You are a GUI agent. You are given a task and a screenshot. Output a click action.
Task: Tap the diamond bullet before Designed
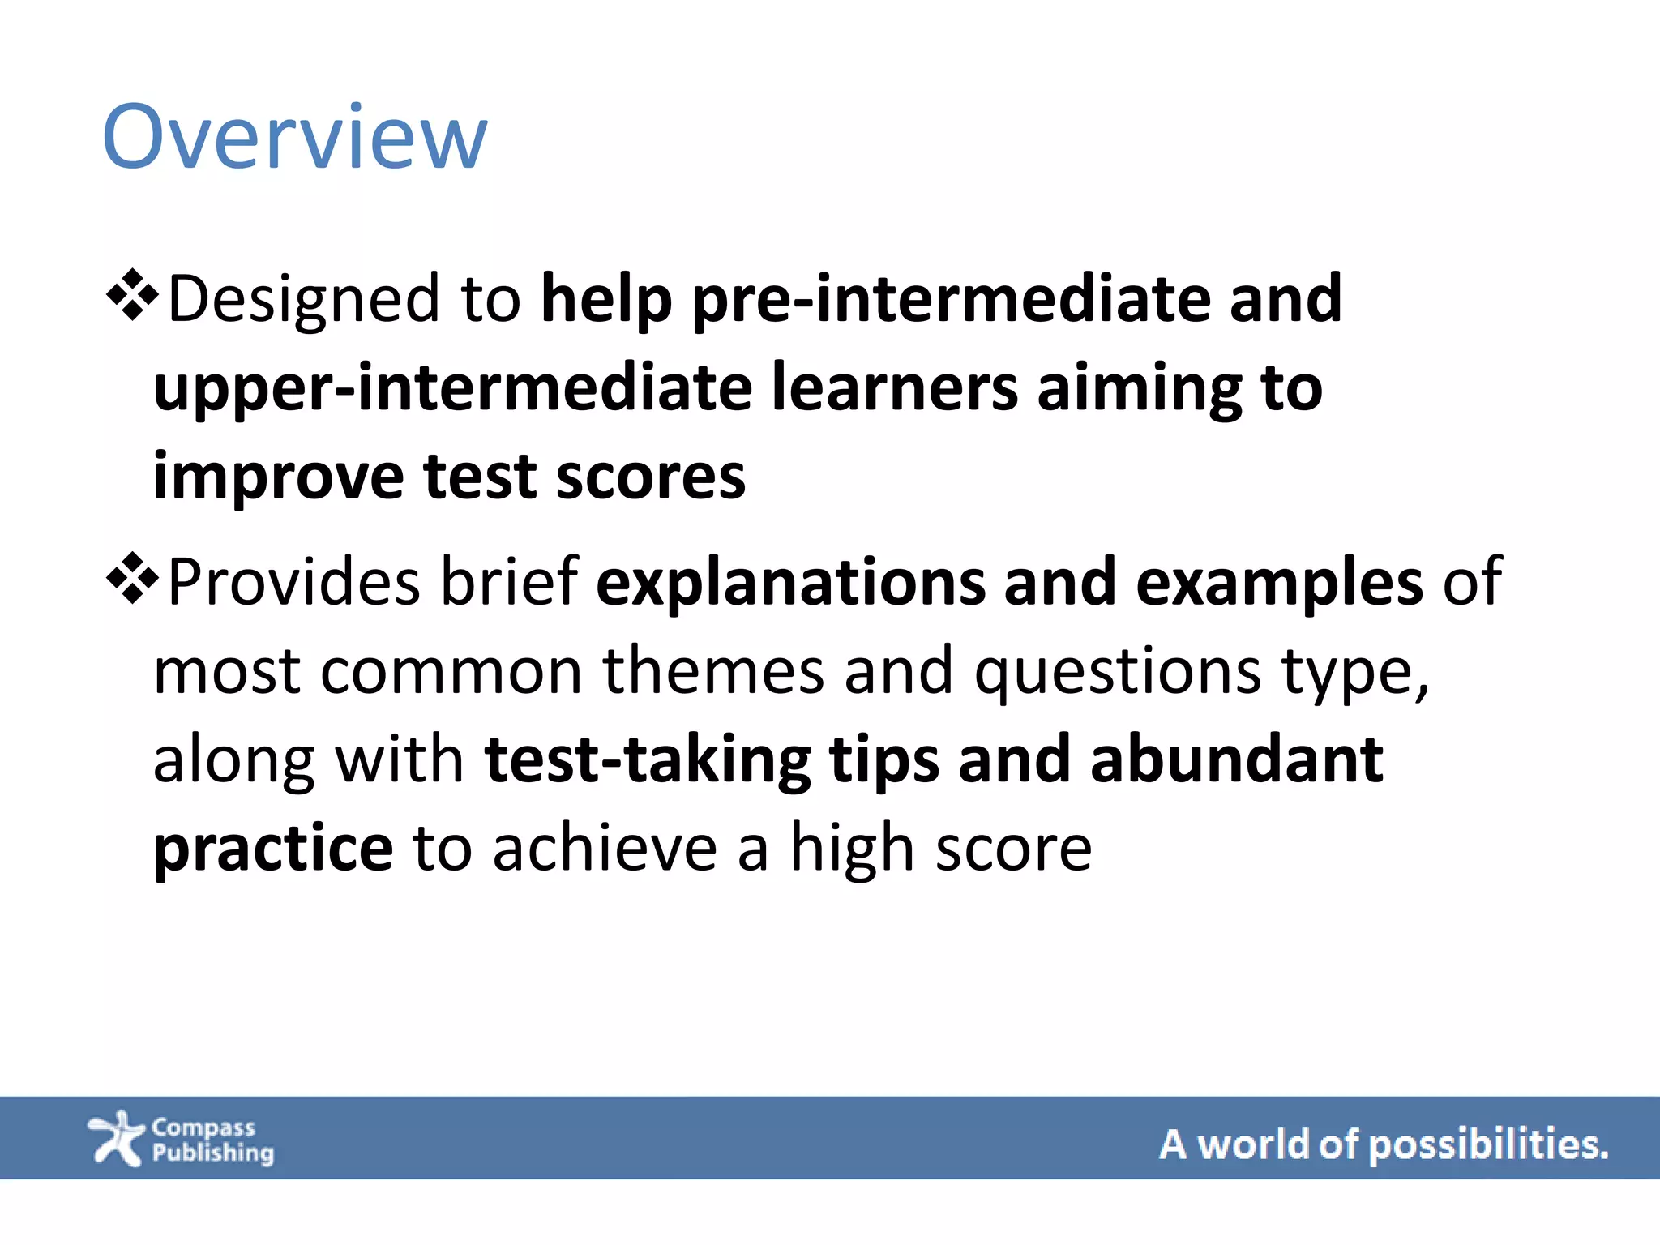132,295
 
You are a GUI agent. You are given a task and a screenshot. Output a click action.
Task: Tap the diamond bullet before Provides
132,578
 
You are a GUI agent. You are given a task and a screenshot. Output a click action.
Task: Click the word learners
894,387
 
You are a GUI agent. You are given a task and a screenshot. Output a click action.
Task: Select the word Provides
293,582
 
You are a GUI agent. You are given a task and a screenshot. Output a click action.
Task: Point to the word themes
712,671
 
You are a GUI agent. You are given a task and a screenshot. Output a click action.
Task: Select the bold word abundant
1236,760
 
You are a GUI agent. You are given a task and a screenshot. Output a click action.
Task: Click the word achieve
604,849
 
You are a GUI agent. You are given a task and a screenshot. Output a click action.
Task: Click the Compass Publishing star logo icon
116,1138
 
